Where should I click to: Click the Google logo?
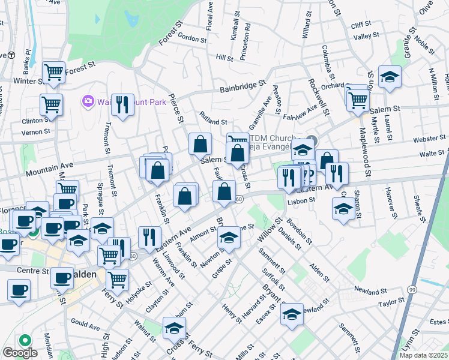(19, 353)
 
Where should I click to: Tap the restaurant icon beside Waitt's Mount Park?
(122, 104)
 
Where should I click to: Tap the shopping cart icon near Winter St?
(54, 73)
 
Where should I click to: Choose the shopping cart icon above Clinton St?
(51, 104)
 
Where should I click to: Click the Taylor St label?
(391, 304)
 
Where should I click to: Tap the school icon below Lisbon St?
(343, 209)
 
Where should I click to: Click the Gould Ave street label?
(85, 327)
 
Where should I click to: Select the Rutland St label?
(213, 122)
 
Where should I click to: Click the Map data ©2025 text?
(423, 355)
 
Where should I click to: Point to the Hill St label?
(224, 58)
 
